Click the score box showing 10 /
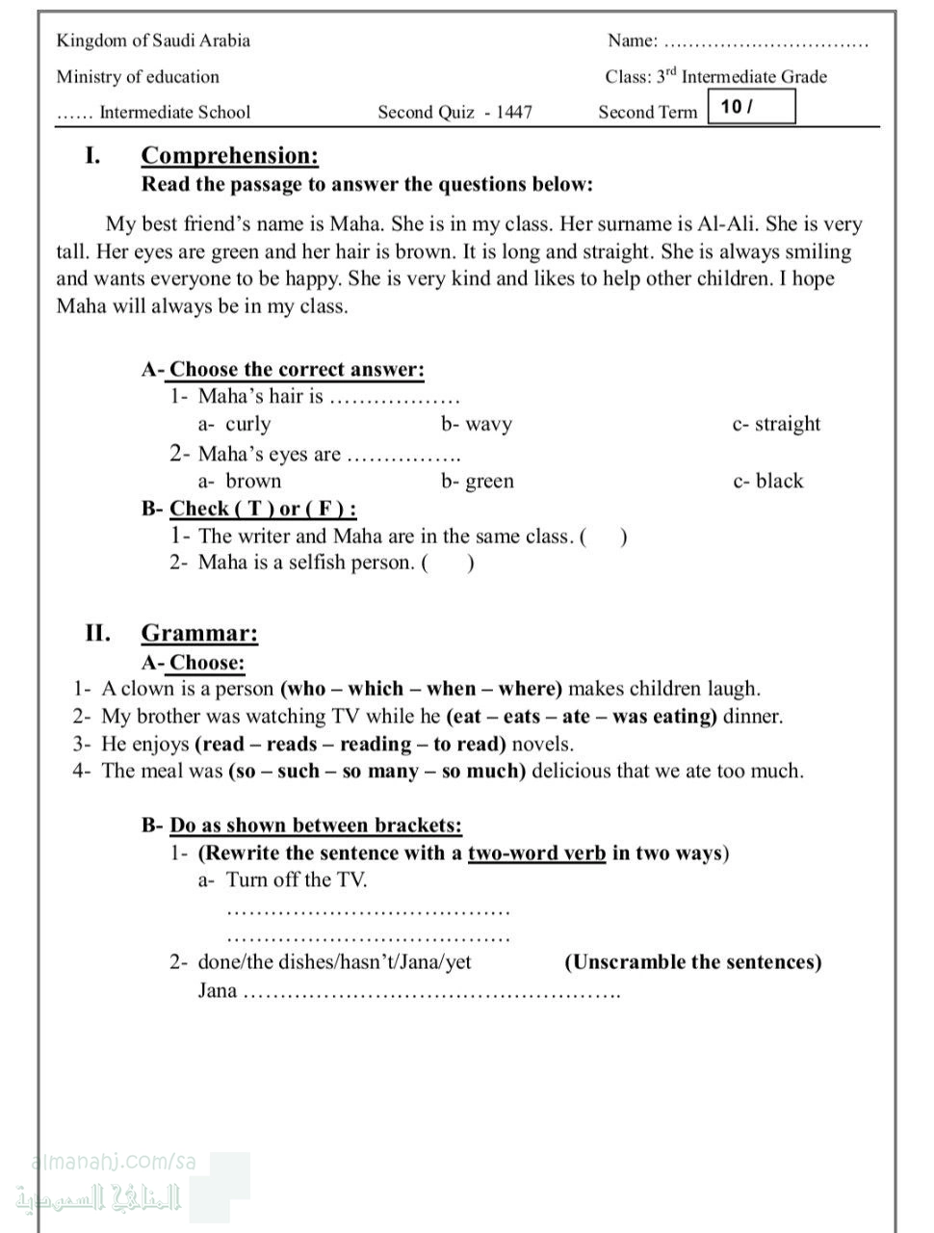click(751, 107)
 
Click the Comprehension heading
click(229, 155)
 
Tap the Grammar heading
click(199, 633)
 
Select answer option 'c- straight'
click(776, 424)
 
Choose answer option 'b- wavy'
click(477, 424)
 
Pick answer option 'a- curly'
click(235, 424)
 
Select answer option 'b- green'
click(478, 481)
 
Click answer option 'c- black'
click(767, 481)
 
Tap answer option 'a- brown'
click(240, 481)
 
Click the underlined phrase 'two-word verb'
click(536, 853)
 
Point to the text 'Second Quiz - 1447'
click(454, 112)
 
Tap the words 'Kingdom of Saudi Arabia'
click(153, 40)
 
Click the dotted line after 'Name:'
click(766, 42)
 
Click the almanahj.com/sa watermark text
click(114, 1162)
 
